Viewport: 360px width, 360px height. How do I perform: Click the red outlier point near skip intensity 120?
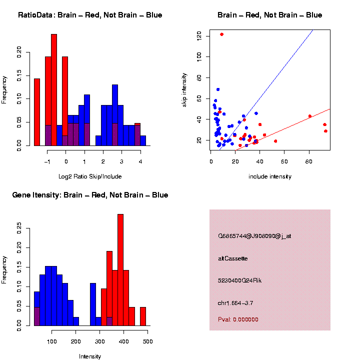click(221, 34)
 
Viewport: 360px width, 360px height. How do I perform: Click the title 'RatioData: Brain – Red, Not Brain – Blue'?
click(90, 15)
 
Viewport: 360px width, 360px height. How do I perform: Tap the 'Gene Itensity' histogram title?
click(90, 194)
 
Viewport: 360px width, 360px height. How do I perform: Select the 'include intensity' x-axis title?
click(270, 176)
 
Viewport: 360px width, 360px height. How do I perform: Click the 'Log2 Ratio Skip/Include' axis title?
click(90, 176)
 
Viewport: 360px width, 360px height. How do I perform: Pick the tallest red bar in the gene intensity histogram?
click(120, 270)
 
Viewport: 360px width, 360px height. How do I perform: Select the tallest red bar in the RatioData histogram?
click(54, 90)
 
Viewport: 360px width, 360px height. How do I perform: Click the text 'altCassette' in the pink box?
click(233, 258)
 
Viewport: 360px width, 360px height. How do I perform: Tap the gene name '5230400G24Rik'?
click(240, 280)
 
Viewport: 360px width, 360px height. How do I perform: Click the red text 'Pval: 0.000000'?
click(238, 319)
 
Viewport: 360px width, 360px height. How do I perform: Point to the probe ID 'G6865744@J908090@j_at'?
click(254, 236)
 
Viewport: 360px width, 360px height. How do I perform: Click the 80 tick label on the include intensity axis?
click(309, 161)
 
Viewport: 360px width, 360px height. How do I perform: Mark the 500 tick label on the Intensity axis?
click(147, 341)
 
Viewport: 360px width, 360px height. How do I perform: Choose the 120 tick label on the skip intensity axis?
click(199, 35)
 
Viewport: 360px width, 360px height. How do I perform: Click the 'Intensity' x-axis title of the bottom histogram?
click(90, 356)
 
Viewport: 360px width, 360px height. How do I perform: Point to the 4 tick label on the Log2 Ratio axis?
click(140, 161)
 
